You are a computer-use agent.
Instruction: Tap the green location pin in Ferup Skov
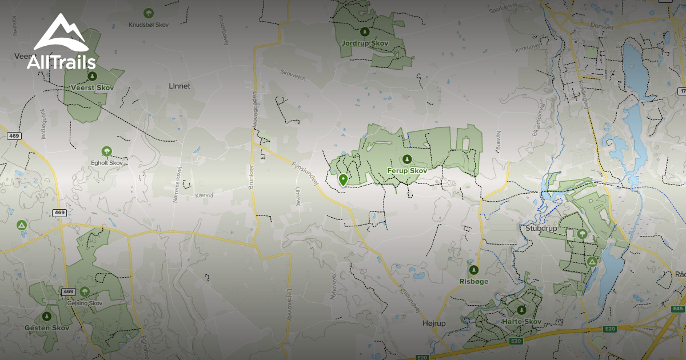point(343,180)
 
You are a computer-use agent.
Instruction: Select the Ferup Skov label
point(406,170)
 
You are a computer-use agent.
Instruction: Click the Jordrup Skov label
point(364,43)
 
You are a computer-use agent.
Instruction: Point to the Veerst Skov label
point(92,87)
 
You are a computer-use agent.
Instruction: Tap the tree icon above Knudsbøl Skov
point(149,13)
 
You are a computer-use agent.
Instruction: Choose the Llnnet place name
point(180,86)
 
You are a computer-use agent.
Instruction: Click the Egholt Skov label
point(107,163)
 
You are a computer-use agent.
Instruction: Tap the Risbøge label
point(473,281)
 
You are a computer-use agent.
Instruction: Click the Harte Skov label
point(521,322)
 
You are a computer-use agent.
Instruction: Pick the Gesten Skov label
point(46,328)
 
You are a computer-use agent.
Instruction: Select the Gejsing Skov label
point(85,303)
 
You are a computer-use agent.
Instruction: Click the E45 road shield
point(678,309)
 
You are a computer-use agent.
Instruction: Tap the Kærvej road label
point(204,195)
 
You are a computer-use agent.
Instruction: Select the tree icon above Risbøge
point(473,270)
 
